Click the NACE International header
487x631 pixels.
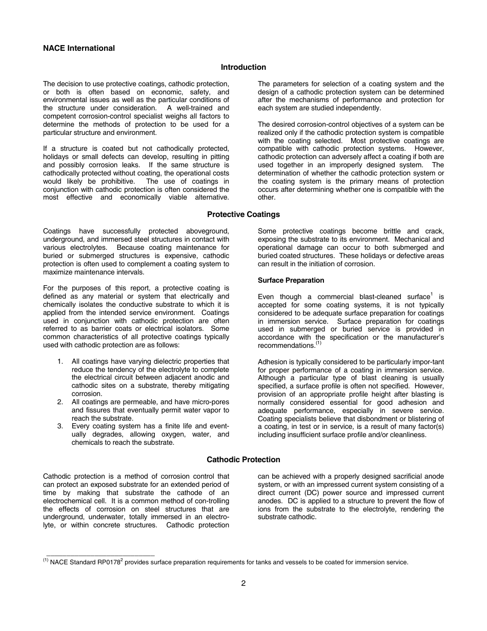point(79,48)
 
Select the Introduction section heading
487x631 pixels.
point(243,67)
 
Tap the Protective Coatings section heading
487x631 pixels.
point(243,214)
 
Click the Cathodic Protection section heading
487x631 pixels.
point(243,460)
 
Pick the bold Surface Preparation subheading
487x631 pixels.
point(291,280)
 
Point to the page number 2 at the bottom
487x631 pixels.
point(243,583)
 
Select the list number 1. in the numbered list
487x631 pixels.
point(60,362)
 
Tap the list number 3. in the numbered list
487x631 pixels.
point(60,426)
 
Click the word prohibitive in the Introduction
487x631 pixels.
point(115,182)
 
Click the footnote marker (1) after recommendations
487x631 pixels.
point(318,344)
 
